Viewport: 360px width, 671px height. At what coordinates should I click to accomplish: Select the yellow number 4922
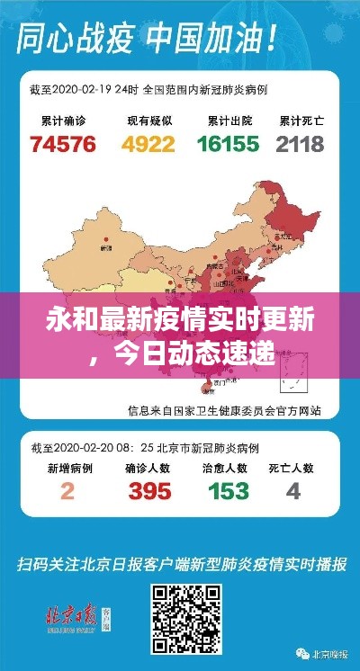click(149, 144)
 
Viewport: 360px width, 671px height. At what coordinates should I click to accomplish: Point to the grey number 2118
click(301, 144)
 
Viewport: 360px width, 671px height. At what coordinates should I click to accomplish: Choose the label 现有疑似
click(148, 119)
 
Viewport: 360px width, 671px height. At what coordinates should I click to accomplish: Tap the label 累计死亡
click(300, 119)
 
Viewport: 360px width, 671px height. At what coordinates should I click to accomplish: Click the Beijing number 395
click(149, 492)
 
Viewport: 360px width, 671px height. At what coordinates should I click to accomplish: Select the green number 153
click(229, 492)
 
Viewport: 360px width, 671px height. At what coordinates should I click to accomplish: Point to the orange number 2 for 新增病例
click(67, 492)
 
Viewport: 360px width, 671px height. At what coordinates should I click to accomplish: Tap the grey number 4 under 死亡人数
click(293, 492)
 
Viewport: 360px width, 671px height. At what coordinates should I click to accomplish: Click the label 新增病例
click(67, 467)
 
